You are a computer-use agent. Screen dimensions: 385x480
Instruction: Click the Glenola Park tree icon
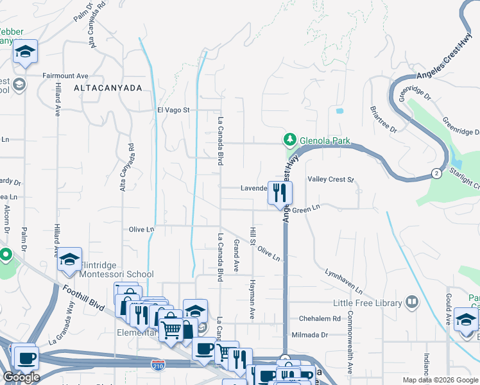click(x=290, y=139)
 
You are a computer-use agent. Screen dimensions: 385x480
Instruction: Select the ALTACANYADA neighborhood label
click(x=108, y=88)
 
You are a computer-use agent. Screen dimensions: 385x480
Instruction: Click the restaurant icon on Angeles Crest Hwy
click(x=280, y=194)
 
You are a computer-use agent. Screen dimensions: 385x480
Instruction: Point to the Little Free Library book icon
click(x=411, y=301)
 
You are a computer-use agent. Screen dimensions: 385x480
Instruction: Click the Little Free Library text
click(x=366, y=302)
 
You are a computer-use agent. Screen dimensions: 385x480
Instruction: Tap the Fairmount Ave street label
click(x=65, y=76)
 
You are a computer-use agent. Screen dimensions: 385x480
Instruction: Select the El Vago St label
click(x=174, y=110)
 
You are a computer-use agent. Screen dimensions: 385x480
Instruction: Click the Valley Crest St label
click(x=331, y=180)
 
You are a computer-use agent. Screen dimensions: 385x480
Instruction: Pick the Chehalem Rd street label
click(x=320, y=319)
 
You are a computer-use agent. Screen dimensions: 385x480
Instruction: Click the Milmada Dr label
click(x=310, y=335)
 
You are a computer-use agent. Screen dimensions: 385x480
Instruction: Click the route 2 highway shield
click(x=436, y=173)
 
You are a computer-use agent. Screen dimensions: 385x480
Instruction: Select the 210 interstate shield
click(x=158, y=365)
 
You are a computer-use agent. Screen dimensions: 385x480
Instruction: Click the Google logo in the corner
click(x=21, y=377)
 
